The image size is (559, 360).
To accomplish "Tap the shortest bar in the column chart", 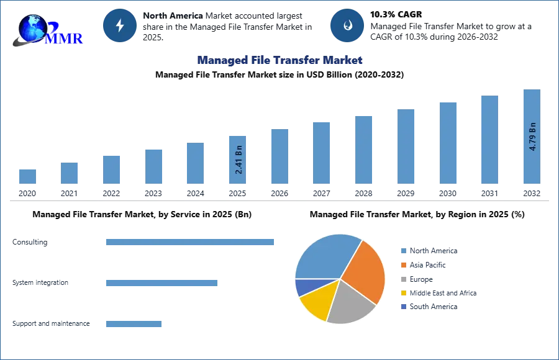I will click(27, 176).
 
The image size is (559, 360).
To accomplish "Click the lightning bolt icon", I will click(120, 25).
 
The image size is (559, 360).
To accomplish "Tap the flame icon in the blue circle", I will click(347, 25).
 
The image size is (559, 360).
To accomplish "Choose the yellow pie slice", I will click(317, 302).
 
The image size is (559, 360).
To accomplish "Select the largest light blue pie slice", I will click(327, 256).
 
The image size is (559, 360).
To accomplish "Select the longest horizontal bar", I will click(191, 243).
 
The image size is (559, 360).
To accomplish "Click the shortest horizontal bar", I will click(134, 323).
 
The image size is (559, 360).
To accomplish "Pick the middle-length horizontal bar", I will click(161, 283).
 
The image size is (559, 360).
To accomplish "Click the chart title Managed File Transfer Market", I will click(278, 60).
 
